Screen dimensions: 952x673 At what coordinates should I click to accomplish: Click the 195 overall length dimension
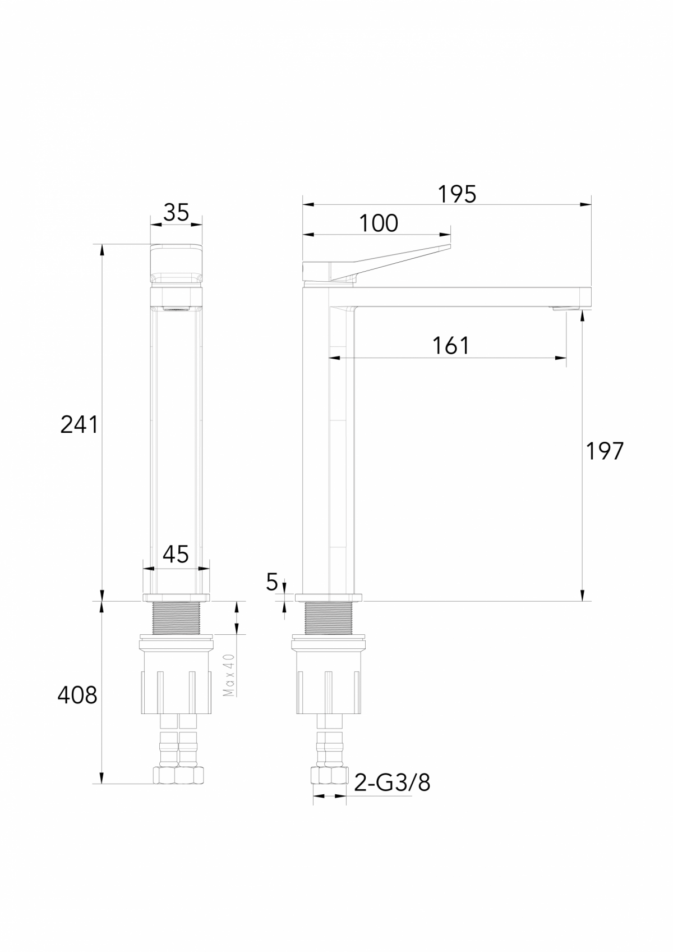point(457,194)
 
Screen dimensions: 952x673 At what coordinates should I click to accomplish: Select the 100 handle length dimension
point(379,223)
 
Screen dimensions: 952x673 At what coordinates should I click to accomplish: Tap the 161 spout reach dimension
point(451,346)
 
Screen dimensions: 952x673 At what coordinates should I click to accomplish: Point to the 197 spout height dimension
point(605,451)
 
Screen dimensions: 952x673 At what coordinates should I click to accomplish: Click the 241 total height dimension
point(79,425)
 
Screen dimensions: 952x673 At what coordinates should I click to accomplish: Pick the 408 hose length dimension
point(77,695)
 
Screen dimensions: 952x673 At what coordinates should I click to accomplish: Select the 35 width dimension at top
point(176,213)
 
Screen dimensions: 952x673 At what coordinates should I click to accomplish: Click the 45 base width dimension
point(176,555)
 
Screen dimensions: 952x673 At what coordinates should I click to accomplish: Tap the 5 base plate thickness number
point(272,583)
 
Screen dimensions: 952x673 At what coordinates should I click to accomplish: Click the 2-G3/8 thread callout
point(393,782)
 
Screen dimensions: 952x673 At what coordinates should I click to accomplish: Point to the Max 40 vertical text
point(229,675)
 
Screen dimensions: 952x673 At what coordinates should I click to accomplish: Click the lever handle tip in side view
point(446,247)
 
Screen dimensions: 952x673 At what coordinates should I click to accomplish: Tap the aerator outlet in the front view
point(176,308)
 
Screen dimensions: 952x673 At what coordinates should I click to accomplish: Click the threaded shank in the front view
point(176,618)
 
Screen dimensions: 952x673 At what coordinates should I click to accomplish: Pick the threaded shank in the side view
point(328,618)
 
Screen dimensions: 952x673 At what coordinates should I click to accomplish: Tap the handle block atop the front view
point(176,264)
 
